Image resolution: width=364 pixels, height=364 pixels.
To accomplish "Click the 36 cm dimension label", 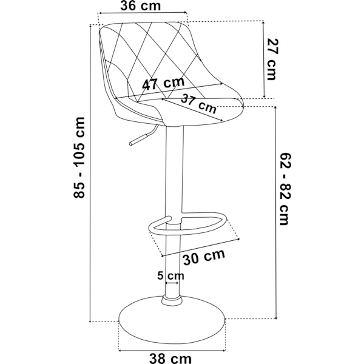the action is (141, 6).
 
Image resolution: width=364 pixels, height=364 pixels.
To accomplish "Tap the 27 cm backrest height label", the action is (272, 59).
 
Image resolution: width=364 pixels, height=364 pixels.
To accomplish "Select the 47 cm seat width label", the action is (163, 83).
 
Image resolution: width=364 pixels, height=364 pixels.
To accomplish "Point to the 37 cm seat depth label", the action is (199, 103).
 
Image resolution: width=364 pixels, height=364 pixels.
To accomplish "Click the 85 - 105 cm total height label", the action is (79, 158).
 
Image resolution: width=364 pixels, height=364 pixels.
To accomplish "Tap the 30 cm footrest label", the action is (204, 257).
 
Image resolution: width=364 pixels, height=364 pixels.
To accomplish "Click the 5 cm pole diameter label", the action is (170, 275).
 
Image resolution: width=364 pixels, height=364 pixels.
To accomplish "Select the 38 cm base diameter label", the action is (170, 358).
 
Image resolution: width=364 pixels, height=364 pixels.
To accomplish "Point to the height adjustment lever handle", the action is (138, 140).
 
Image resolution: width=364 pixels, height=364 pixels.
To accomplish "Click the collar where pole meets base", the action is (172, 300).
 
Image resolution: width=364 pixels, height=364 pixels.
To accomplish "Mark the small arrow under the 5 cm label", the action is (172, 283).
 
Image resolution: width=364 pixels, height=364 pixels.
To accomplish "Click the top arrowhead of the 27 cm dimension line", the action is (263, 22).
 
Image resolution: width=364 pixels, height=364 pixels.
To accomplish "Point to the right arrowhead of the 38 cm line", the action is (224, 350).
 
